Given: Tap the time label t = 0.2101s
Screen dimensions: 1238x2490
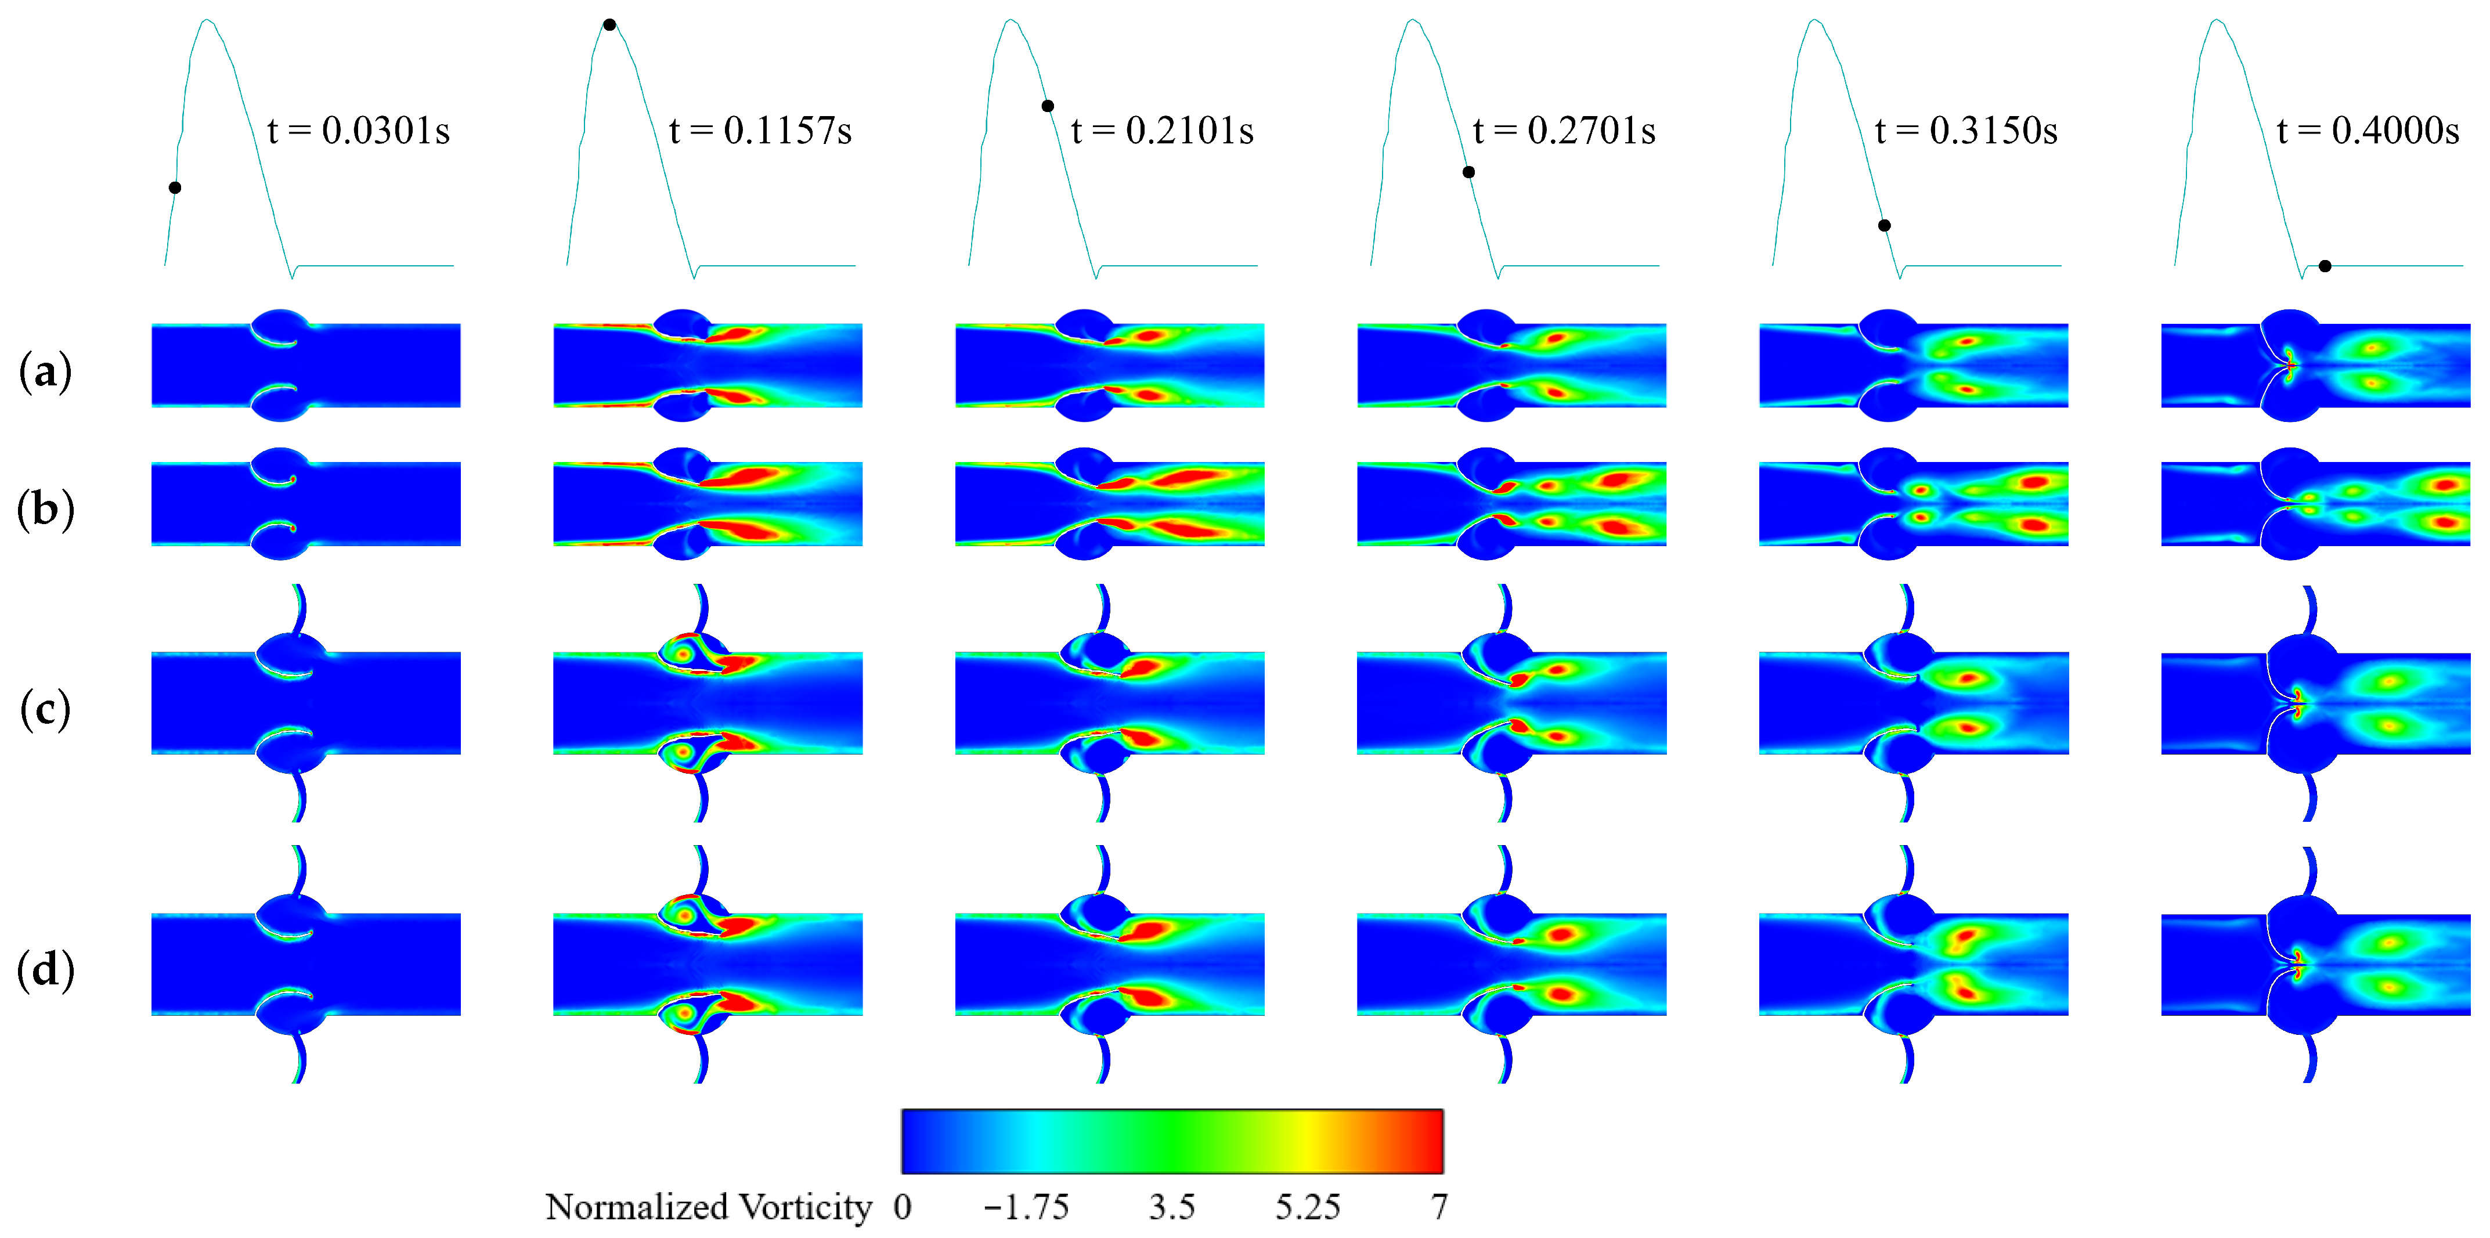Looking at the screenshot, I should coord(1163,131).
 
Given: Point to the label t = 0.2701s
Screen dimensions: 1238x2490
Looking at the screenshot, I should coord(1565,131).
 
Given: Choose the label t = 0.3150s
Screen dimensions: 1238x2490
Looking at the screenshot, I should coord(1966,131).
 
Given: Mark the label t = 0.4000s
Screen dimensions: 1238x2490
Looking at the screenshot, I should coord(2368,131).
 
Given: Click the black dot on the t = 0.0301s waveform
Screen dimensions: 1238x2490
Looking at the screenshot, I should coord(175,187).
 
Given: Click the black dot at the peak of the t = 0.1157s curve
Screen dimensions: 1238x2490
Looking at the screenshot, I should coord(609,25).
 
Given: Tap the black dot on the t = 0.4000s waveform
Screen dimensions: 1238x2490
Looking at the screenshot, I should coord(2325,266).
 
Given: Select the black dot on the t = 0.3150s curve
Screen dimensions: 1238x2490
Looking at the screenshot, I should coord(1884,225).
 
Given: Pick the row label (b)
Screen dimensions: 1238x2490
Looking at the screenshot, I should coord(45,510).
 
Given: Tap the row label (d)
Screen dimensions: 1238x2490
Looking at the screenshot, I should coord(45,969).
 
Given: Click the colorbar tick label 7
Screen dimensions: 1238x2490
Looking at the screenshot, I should coord(1439,1207).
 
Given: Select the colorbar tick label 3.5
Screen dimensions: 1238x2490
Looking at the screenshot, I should coord(1171,1207).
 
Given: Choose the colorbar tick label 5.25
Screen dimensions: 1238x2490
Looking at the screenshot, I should coord(1307,1207).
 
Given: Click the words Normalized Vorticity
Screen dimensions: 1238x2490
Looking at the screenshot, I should coord(709,1207).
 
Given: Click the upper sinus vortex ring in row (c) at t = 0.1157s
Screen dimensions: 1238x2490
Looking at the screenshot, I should coord(683,654).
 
